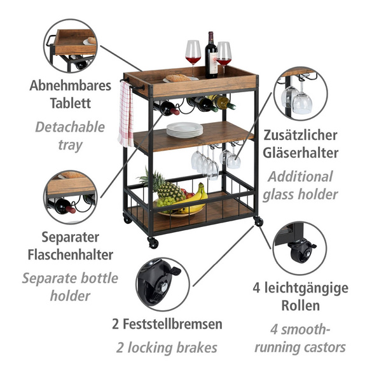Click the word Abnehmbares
click(x=70, y=86)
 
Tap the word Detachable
click(x=70, y=127)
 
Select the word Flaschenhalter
click(x=71, y=254)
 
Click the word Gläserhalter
click(x=300, y=153)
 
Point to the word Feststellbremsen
click(x=172, y=324)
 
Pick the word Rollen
click(x=300, y=305)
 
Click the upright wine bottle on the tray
click(x=211, y=55)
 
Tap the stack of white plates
click(x=184, y=130)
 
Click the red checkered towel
click(x=126, y=114)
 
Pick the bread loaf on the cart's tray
click(x=178, y=78)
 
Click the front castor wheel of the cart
click(x=153, y=243)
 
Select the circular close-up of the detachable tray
click(x=71, y=46)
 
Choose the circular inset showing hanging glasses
click(x=301, y=93)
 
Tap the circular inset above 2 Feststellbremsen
click(x=163, y=284)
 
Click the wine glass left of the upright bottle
click(x=193, y=58)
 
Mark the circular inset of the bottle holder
click(x=71, y=197)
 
